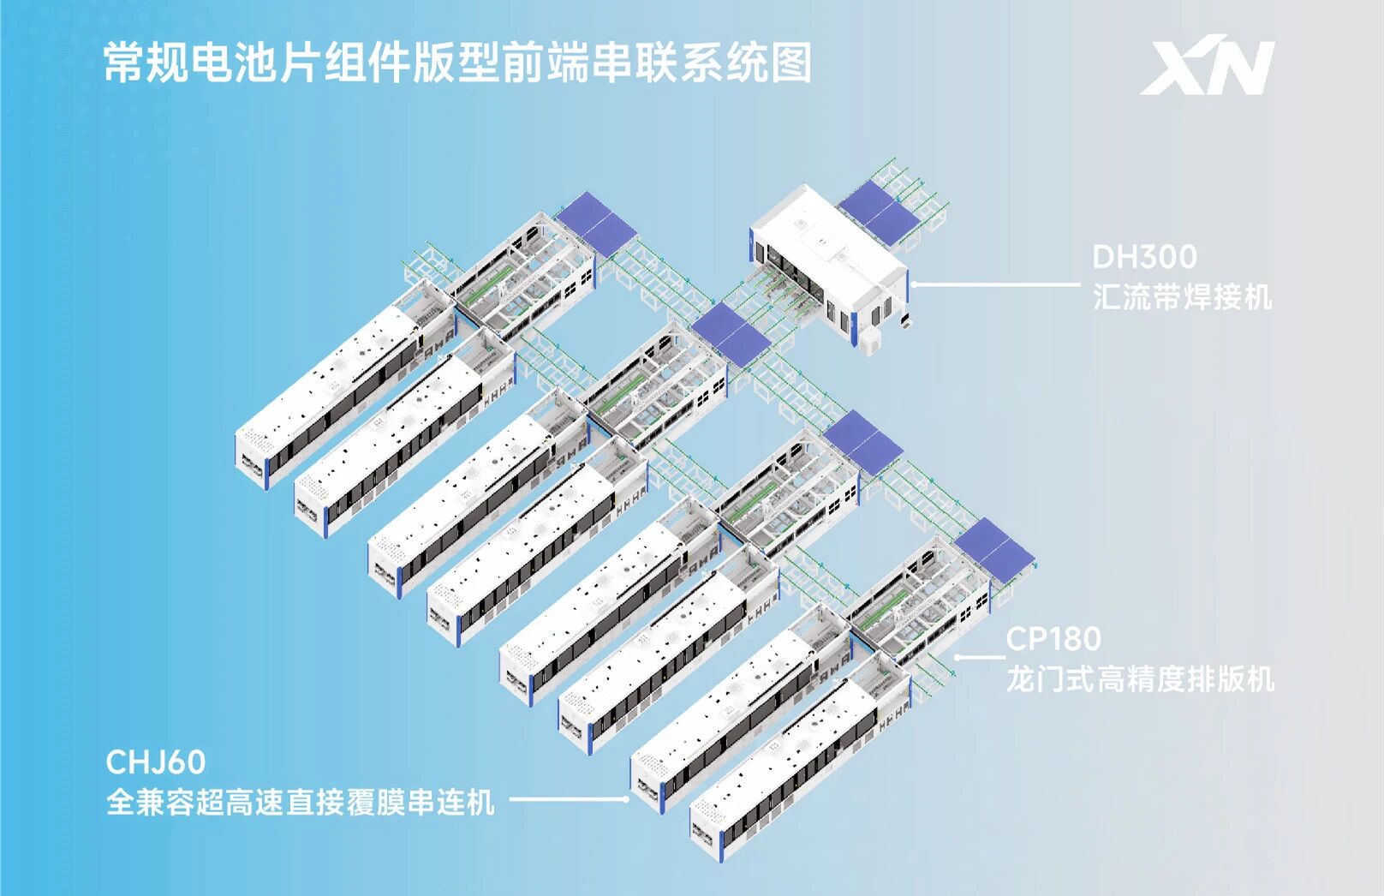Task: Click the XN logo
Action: (1207, 68)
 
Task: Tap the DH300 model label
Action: (1144, 257)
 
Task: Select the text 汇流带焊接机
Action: (1182, 297)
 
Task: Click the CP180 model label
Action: (1053, 639)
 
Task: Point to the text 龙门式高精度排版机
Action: (1141, 679)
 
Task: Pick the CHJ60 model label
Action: (156, 762)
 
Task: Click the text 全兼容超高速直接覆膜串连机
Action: (301, 803)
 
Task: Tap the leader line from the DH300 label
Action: (995, 285)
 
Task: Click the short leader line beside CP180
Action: (980, 657)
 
